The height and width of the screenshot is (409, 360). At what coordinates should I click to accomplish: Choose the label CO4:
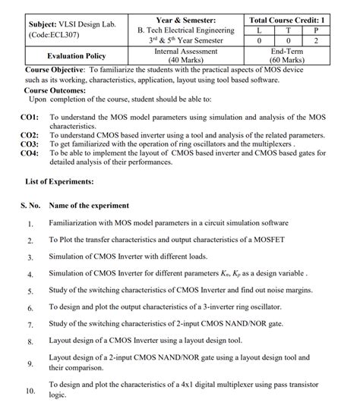[x=30, y=152]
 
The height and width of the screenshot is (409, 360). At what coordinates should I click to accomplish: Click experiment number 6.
[x=30, y=308]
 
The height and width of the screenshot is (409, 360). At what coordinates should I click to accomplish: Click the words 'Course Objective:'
[x=50, y=68]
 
